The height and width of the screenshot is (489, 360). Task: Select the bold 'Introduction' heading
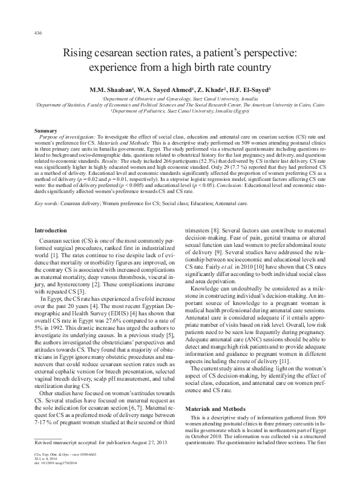51,231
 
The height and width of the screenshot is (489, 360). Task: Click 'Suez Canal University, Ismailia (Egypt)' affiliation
199,111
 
